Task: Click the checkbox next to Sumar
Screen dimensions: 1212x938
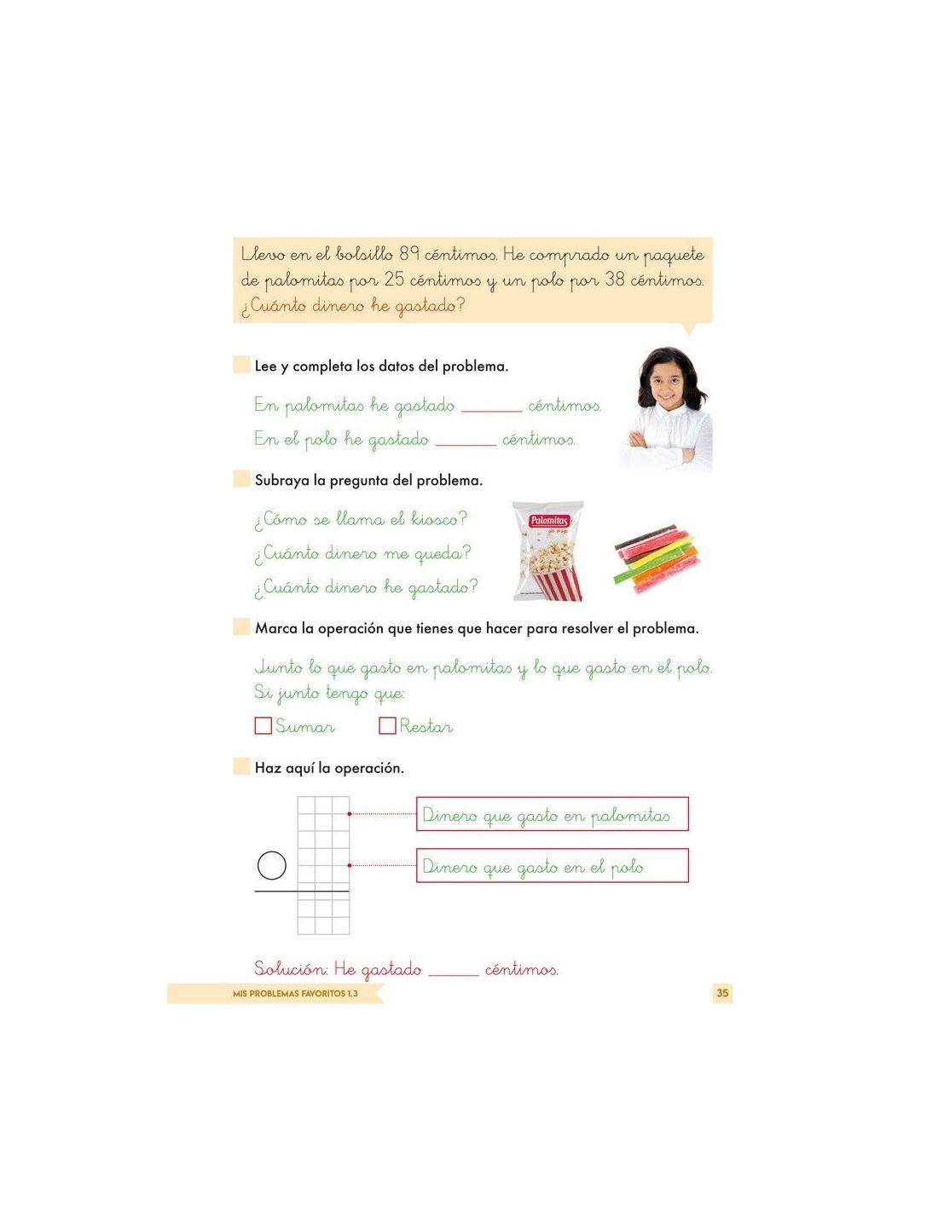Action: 263,725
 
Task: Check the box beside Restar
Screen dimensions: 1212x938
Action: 387,725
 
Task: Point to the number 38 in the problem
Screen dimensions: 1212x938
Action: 614,279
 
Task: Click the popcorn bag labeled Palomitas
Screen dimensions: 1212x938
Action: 548,551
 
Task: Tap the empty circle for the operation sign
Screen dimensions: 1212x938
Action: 271,866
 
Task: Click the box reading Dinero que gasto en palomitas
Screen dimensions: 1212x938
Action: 552,814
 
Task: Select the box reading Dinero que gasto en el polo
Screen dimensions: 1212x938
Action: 552,866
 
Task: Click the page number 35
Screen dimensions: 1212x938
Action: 722,993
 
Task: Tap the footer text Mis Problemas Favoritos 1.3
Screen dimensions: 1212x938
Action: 295,994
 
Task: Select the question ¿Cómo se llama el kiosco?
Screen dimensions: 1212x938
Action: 360,518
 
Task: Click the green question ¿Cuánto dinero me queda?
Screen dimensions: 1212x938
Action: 362,553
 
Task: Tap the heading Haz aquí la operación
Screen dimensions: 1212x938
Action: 329,768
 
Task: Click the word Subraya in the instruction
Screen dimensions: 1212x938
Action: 281,480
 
